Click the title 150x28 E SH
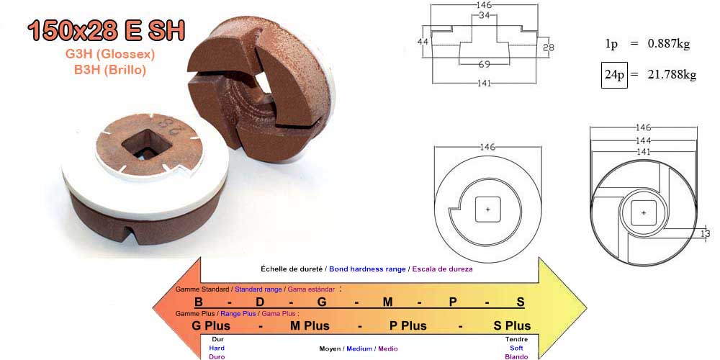tap(106, 30)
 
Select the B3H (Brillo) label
tap(110, 70)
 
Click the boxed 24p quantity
tap(614, 75)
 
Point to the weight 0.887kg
tap(669, 44)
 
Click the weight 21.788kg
tap(672, 75)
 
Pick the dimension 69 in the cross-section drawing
tap(484, 64)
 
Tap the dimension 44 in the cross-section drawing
tap(423, 42)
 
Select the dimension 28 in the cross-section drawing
tap(548, 48)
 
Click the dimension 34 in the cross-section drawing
tap(484, 15)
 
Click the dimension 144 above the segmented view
tap(643, 140)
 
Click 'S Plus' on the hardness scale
tap(512, 325)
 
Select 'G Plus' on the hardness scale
tap(211, 325)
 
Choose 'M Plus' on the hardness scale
tap(310, 325)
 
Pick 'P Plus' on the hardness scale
tap(408, 325)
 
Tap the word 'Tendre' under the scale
tap(516, 339)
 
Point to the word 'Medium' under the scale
tap(359, 348)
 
